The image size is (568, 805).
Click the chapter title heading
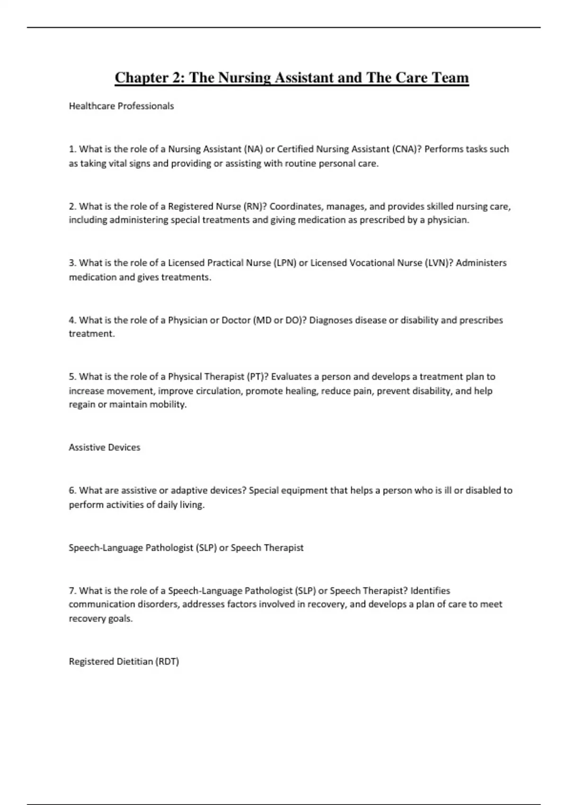[x=292, y=78]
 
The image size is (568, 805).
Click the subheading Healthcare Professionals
[x=121, y=106]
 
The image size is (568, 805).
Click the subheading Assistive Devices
[x=105, y=447]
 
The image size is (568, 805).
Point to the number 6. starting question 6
[x=72, y=491]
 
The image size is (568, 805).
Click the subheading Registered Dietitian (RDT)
[x=124, y=662]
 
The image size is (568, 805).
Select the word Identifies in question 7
[x=430, y=590]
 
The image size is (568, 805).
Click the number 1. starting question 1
[x=72, y=149]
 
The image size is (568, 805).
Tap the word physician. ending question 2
[x=448, y=220]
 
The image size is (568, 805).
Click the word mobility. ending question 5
[x=168, y=405]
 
